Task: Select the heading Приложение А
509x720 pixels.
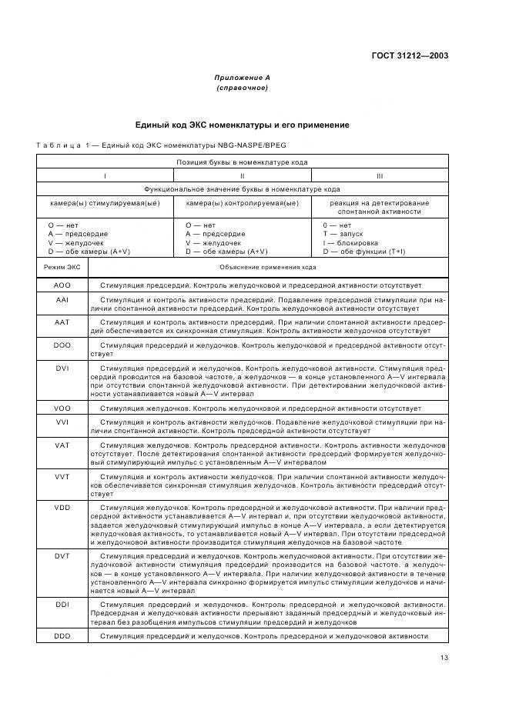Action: point(242,78)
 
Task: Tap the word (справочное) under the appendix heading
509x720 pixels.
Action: point(242,88)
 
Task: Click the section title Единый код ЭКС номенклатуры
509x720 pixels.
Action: point(242,124)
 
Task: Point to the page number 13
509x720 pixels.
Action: point(444,657)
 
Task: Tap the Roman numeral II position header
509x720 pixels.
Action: point(242,175)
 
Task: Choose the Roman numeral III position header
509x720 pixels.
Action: point(379,175)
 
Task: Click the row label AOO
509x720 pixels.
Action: point(62,285)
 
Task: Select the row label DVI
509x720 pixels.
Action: point(62,368)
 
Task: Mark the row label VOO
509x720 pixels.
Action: point(62,408)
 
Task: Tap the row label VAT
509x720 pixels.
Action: point(62,445)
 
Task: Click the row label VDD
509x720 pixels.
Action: point(62,508)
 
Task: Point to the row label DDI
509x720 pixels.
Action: point(62,605)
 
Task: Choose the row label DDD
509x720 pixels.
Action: point(62,636)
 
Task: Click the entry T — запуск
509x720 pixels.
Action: point(343,233)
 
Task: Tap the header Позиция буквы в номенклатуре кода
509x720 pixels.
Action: point(242,162)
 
